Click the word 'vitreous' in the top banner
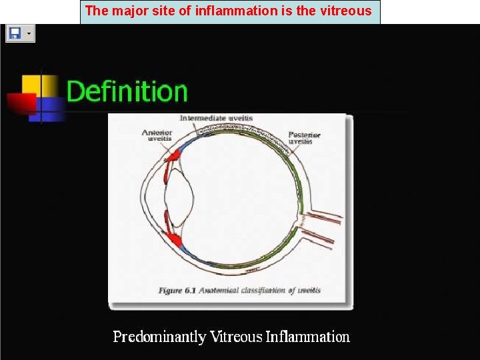coord(344,11)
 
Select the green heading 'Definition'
coord(127,91)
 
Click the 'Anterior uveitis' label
coord(157,135)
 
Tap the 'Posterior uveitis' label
coord(304,138)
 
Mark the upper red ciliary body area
coord(173,155)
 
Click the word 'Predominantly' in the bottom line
coord(159,337)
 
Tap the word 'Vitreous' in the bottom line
coord(236,337)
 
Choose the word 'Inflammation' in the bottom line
coord(307,337)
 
